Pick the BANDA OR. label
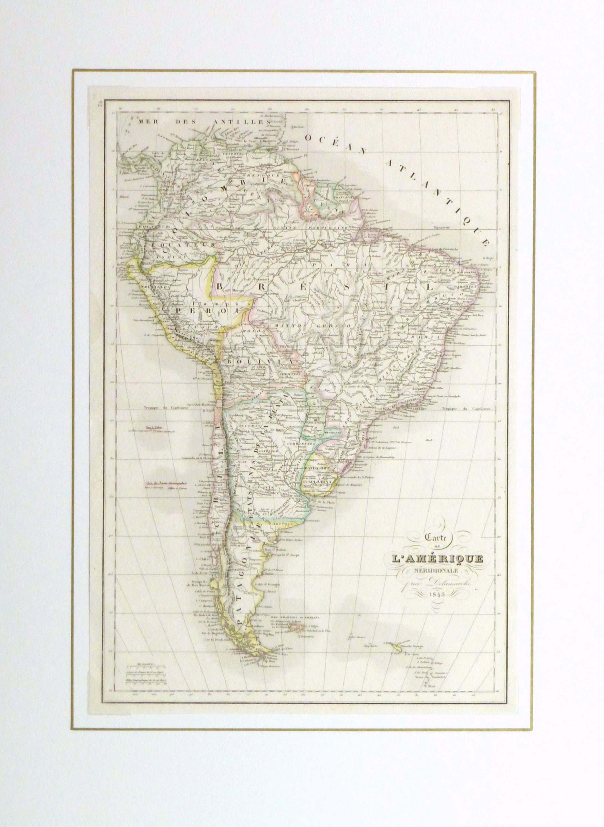coord(317,468)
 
